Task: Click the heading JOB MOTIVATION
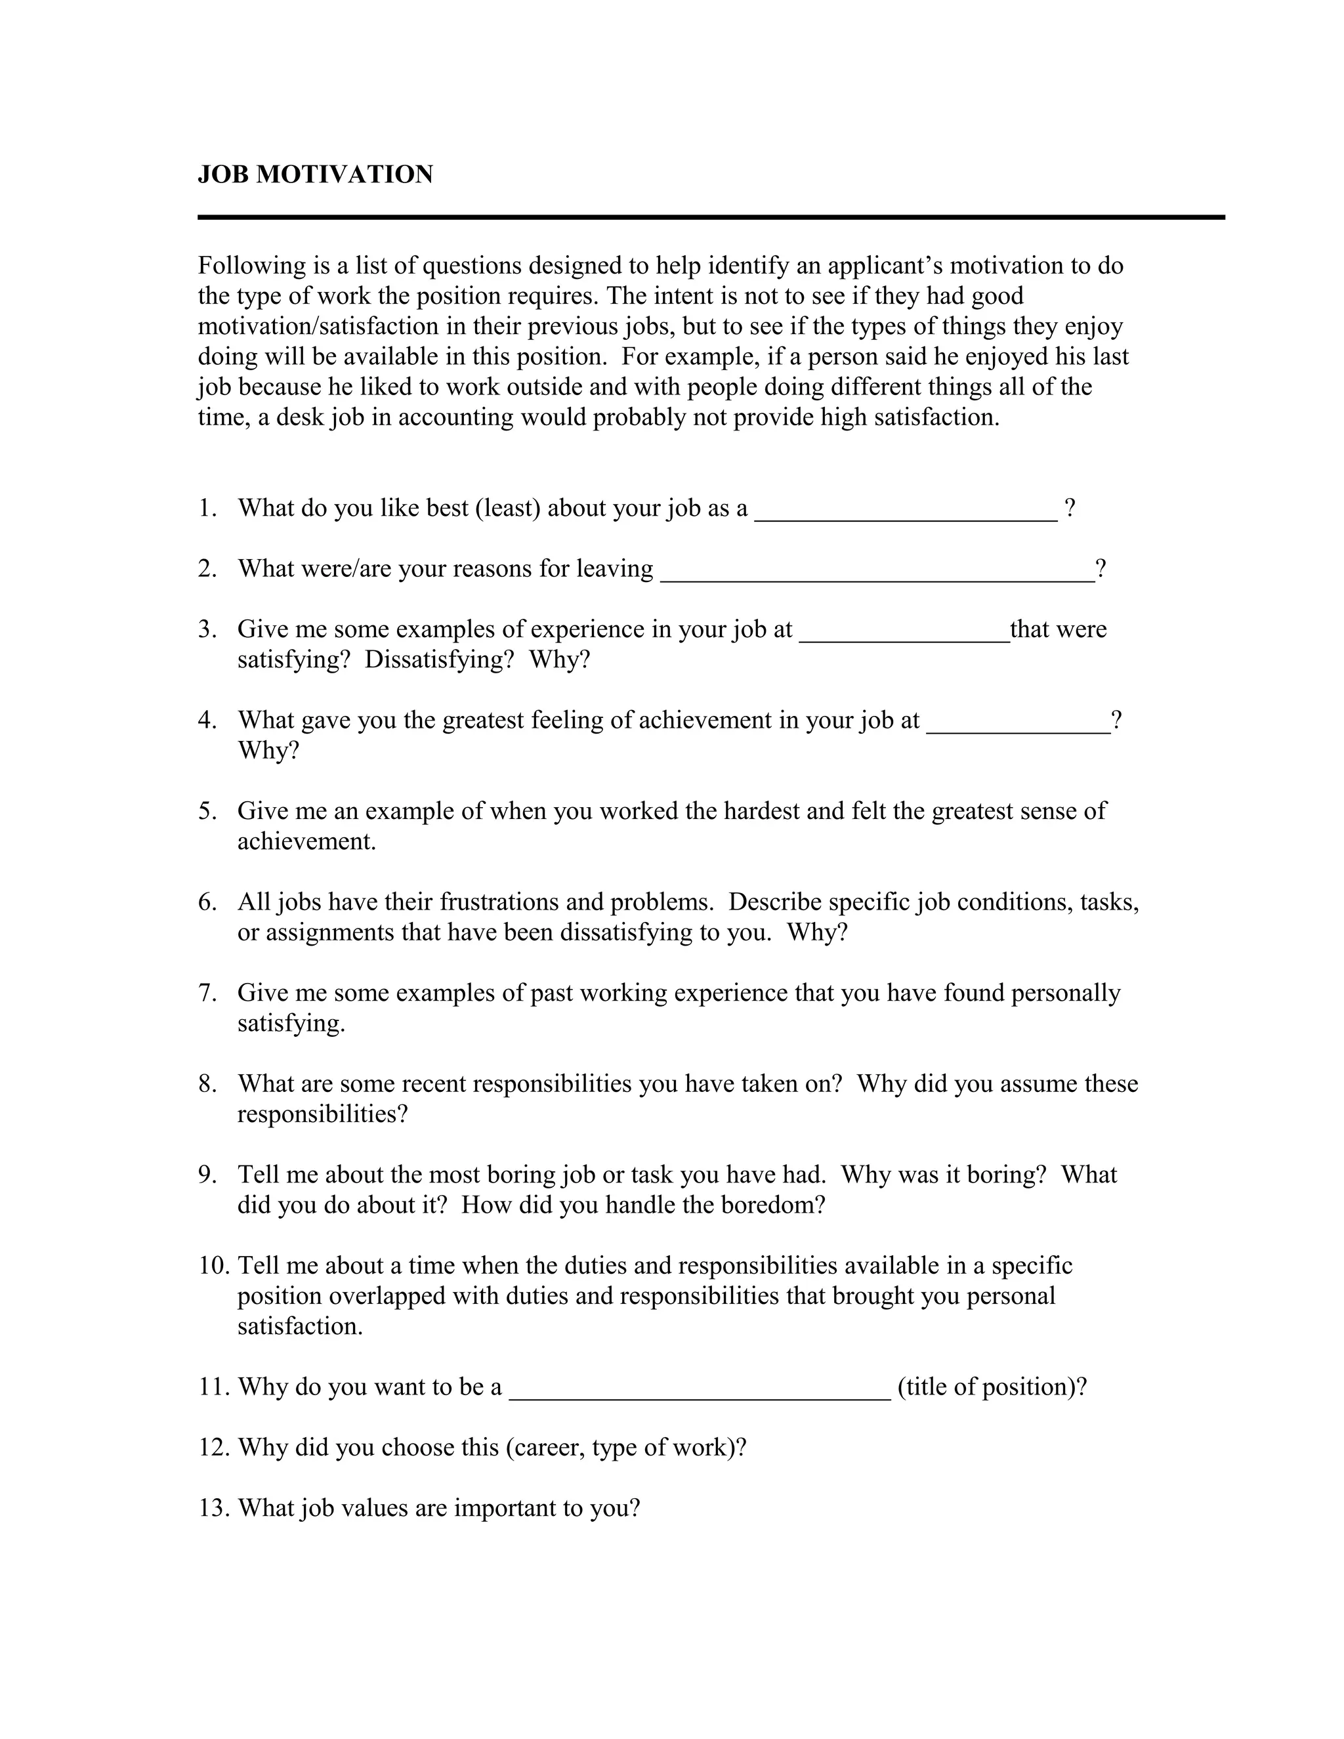tap(315, 175)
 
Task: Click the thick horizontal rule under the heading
tap(710, 217)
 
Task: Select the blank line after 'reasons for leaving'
tap(877, 578)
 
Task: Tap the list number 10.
tap(213, 1266)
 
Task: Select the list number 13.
tap(213, 1508)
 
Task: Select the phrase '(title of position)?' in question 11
tap(992, 1387)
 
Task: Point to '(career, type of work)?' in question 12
tap(626, 1448)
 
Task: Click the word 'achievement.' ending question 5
tap(306, 842)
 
